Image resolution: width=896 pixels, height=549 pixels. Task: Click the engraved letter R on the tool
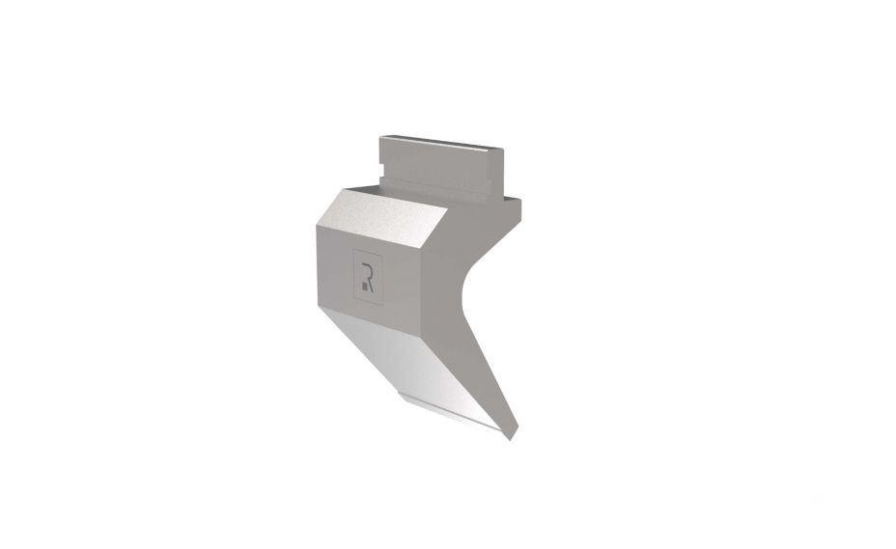pyautogui.click(x=368, y=278)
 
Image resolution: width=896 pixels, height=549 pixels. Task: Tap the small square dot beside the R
pyautogui.click(x=364, y=285)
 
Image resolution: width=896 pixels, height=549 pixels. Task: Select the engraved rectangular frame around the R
pyautogui.click(x=368, y=277)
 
